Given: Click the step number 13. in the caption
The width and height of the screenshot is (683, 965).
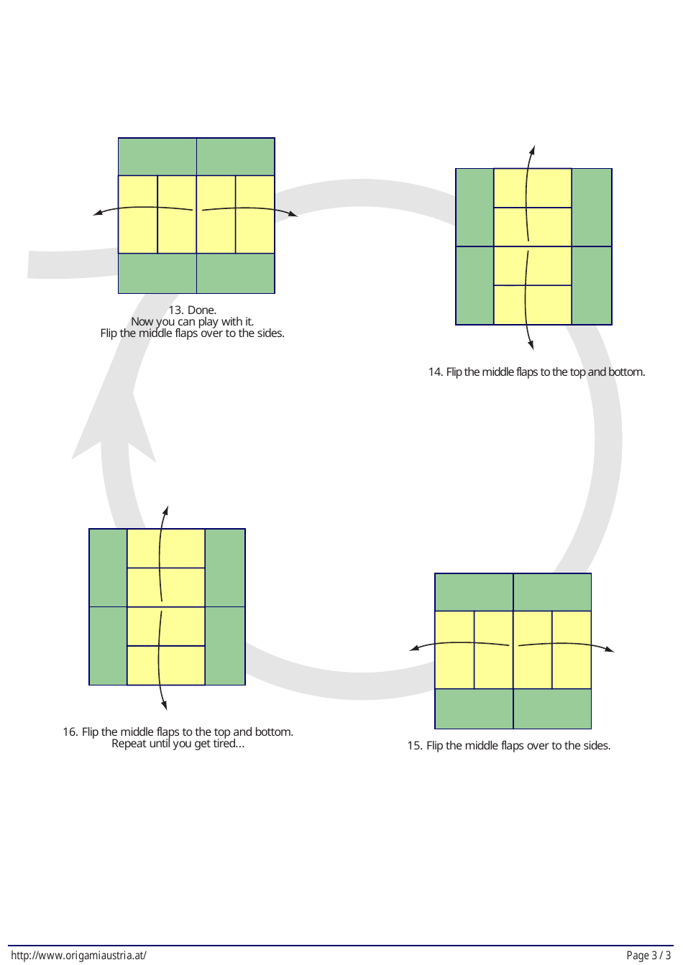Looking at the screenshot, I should pos(176,310).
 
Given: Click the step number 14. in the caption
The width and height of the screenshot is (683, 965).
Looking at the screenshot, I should pos(436,372).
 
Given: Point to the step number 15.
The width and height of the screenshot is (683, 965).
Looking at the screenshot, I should pos(415,746).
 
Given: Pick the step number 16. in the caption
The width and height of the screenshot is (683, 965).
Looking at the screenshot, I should pos(70,732).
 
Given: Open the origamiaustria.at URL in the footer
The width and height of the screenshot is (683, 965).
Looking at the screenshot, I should pos(79,956).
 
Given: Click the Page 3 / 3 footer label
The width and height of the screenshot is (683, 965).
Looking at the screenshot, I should pos(648,956).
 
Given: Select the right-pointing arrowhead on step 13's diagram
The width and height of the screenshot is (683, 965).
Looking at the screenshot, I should pos(293,214).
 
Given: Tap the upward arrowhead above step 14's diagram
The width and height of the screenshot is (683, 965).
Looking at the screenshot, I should pos(533,149).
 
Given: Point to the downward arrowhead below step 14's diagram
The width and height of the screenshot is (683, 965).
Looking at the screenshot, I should pos(531,346).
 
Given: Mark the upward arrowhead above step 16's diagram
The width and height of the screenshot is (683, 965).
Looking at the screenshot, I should pos(165,510).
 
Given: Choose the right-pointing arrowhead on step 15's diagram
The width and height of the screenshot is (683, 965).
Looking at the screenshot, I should pos(610,650).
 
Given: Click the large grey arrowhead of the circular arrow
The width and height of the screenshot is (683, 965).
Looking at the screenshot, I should pos(114,424).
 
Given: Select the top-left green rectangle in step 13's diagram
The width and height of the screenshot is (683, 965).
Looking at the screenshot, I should pos(157,157).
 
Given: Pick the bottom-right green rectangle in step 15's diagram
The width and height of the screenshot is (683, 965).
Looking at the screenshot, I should pos(552,708).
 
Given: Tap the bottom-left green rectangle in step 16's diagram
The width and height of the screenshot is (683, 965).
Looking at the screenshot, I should pos(108,645).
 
